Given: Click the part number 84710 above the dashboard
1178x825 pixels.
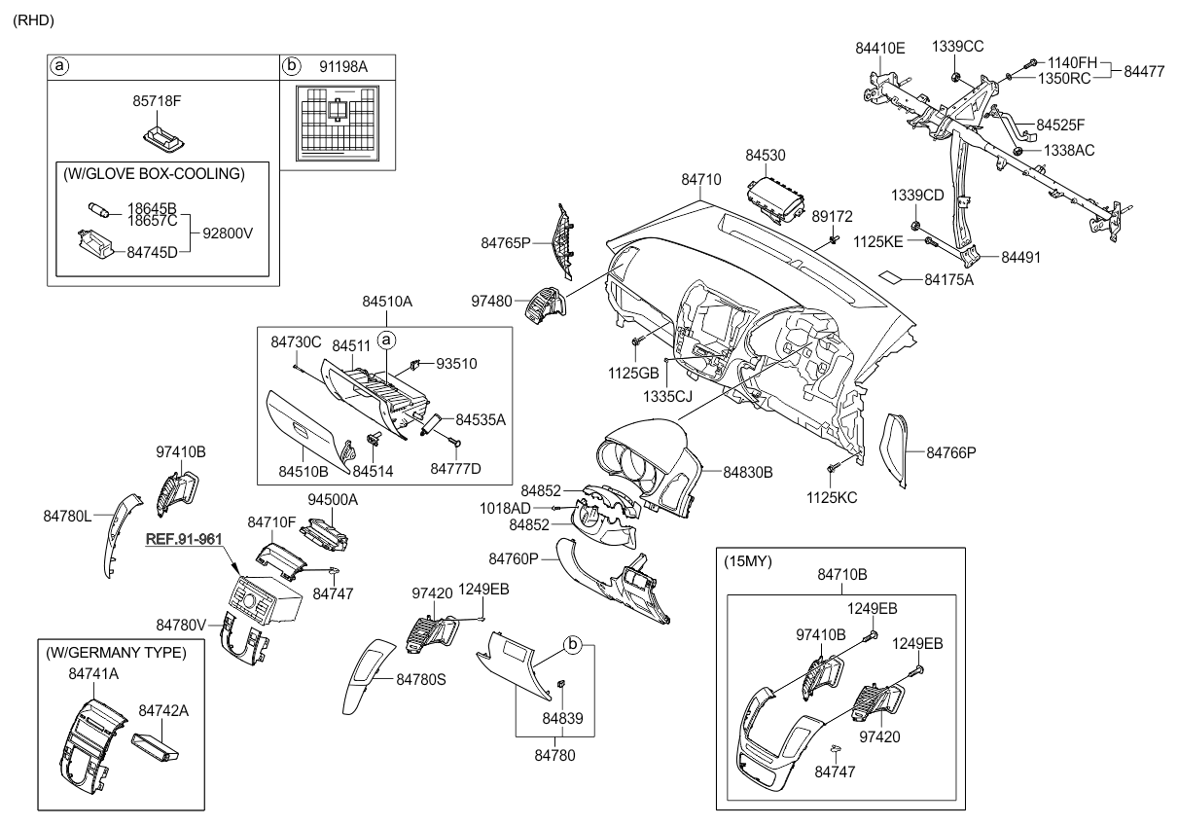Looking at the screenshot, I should click(700, 180).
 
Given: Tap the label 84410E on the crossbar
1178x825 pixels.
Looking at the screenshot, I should click(880, 47).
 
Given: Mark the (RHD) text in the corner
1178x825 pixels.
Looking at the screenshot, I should click(33, 19).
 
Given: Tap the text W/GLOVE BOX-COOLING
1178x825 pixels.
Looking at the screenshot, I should click(154, 174).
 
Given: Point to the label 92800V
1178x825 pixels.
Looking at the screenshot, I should click(233, 233).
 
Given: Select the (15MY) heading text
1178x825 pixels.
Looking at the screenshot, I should click(747, 562).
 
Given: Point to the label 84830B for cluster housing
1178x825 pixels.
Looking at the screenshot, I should click(747, 472).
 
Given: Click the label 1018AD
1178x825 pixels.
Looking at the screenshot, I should click(505, 508).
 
